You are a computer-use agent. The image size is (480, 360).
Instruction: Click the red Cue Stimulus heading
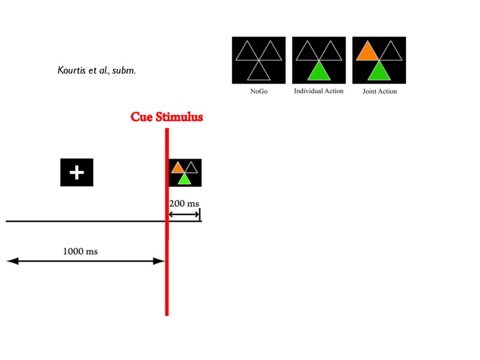point(167,117)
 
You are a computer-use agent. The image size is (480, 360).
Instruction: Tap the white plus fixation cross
point(77,172)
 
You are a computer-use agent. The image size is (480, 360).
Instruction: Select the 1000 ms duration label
point(80,251)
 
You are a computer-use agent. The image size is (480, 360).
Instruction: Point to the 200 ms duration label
point(184,203)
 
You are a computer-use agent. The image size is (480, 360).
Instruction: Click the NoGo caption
point(259,91)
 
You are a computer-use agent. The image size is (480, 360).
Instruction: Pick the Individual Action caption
point(319,91)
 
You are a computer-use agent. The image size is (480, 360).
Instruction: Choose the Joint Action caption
point(380,91)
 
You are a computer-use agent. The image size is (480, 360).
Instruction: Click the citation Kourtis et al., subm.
point(97,70)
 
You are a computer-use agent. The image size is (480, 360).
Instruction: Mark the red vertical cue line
point(167,222)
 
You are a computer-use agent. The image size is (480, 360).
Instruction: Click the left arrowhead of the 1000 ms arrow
point(12,261)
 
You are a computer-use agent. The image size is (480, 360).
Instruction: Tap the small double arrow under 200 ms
point(184,214)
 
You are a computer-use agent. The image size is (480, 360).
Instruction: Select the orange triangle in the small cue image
point(178,169)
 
